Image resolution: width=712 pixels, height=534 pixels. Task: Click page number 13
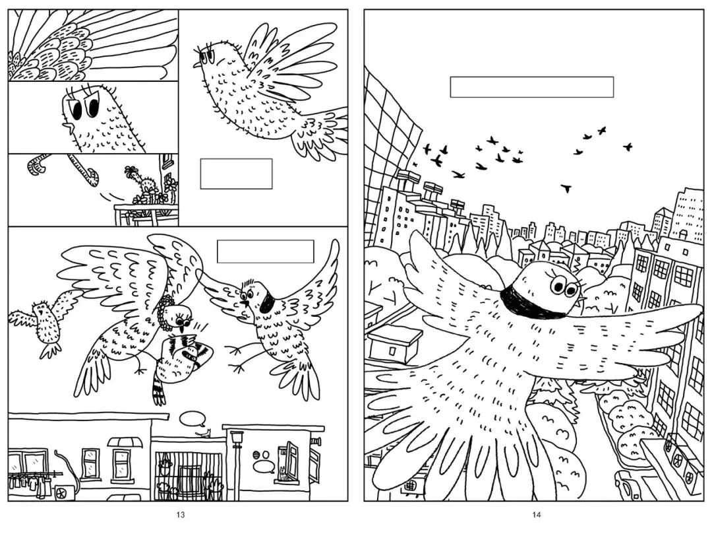[x=181, y=514]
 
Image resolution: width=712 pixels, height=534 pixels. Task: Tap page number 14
[x=537, y=514]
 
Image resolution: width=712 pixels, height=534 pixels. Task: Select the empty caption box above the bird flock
[x=532, y=87]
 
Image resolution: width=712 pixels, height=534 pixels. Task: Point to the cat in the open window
[x=283, y=474]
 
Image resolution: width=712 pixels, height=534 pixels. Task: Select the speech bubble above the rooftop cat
[x=193, y=418]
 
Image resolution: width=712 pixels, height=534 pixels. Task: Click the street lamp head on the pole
[x=237, y=437]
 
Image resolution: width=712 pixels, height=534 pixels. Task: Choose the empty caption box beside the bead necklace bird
[x=266, y=251]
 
